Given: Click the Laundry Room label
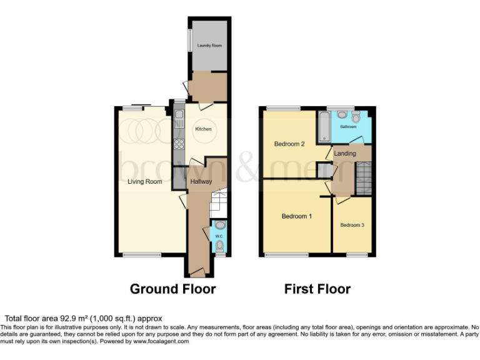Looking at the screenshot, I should point(209,46).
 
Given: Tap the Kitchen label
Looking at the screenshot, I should point(204,129).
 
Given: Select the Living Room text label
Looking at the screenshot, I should point(145,182).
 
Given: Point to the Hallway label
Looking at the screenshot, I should point(201,182).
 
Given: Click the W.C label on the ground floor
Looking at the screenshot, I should point(219,236).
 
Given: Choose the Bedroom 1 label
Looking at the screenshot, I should point(296,216).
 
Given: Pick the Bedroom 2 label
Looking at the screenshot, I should point(289,144).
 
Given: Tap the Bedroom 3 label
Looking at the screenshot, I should point(352,224).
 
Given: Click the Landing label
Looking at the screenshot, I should point(345,153).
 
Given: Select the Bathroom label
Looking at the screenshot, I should point(348,126).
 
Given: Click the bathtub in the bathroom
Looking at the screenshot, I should point(324,127).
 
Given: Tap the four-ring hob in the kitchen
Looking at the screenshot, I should point(179,144).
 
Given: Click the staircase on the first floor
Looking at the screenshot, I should point(363,177).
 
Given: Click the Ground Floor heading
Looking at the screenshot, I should point(172,289).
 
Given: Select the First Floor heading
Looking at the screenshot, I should point(317,289).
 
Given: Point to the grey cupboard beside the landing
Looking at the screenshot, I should point(324,171).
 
